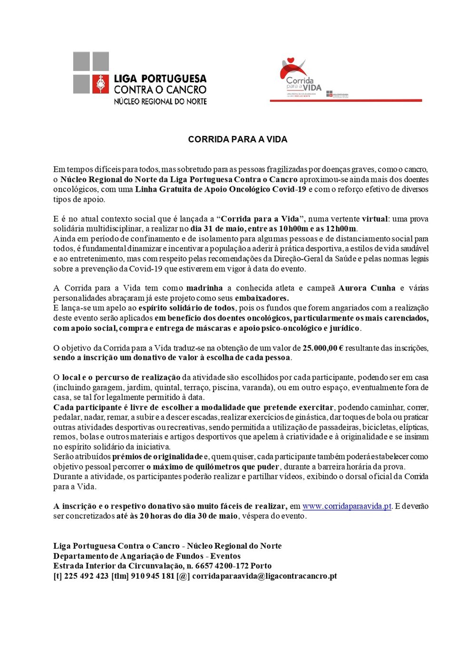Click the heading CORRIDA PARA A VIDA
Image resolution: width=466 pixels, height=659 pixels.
[237, 139]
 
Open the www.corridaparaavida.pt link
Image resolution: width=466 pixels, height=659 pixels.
[347, 506]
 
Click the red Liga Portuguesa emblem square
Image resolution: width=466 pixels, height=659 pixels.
[100, 84]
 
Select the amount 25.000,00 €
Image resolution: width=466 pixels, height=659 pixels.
[323, 348]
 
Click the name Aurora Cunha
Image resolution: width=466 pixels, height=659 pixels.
[367, 288]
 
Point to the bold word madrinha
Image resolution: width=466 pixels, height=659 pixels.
[204, 288]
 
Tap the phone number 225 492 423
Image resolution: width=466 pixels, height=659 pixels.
[86, 576]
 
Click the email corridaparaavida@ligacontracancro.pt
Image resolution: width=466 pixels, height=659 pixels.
[264, 576]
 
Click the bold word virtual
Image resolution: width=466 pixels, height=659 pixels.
[375, 219]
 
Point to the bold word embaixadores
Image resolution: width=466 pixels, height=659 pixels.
[262, 298]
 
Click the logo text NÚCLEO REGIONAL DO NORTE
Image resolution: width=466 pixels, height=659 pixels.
[160, 101]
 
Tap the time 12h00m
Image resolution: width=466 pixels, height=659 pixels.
[341, 229]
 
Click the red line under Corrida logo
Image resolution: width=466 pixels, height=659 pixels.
[346, 100]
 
